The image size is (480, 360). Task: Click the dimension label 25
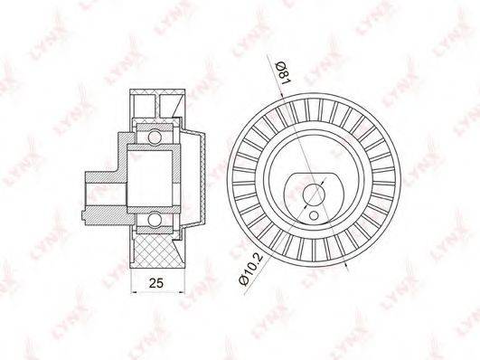(x=156, y=283)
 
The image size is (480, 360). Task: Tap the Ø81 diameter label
(x=284, y=73)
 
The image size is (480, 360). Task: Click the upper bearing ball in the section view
(x=155, y=137)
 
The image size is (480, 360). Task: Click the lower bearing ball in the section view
(x=155, y=220)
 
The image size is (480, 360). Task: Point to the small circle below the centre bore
(x=314, y=215)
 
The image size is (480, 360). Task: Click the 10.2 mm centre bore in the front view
(x=314, y=194)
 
